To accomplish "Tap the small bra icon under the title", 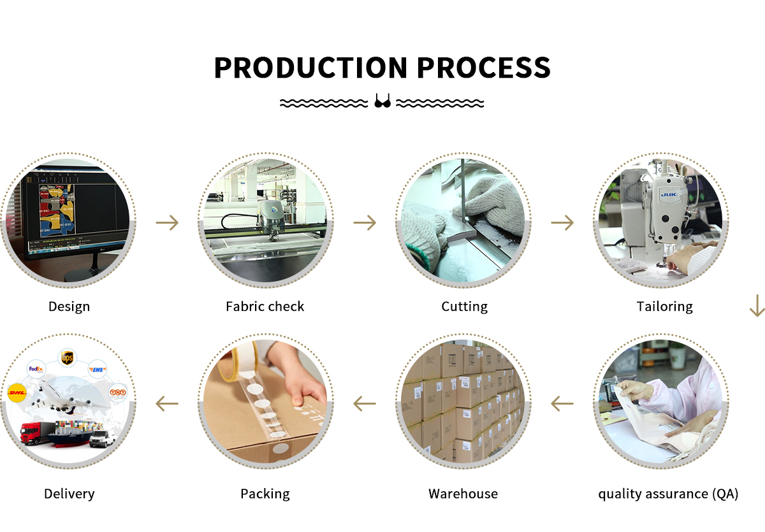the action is tap(382, 101).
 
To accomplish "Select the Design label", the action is tap(69, 306).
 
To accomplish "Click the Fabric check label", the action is tap(265, 306).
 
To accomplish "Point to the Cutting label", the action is tap(464, 306).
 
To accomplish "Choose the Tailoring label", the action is tap(664, 306).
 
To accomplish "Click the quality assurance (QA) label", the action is tap(668, 494).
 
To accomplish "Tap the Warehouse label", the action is tap(463, 494).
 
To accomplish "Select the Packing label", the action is tap(265, 494).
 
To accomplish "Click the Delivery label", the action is tap(69, 494).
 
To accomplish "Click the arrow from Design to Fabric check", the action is tap(168, 222).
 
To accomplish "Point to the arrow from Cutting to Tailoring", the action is tap(562, 222).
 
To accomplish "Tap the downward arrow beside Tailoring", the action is tap(757, 305).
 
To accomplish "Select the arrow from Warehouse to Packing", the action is tap(365, 403).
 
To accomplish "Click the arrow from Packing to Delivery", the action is tap(167, 403).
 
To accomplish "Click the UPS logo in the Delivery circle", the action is tap(67, 358).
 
